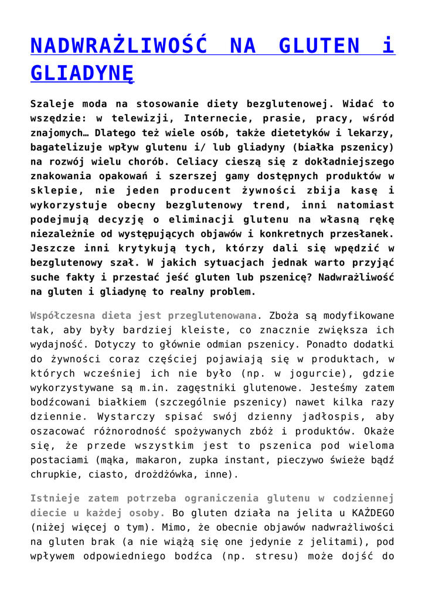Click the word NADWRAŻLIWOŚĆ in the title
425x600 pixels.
coord(118,46)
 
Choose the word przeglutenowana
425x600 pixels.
coord(213,315)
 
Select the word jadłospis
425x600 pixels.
coord(328,416)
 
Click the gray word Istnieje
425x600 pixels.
coord(55,499)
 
